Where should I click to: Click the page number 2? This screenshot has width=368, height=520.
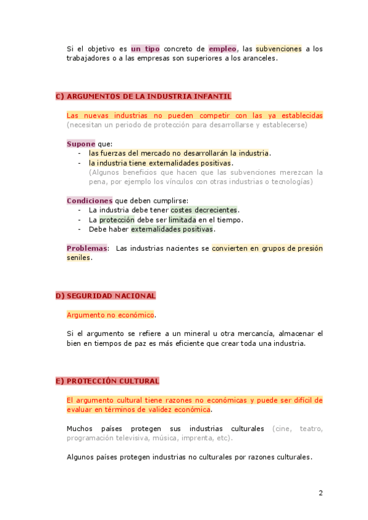[320, 492]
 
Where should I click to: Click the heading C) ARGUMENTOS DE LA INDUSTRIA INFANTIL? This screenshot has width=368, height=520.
[144, 96]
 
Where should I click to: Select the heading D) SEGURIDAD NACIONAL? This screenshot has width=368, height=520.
[105, 296]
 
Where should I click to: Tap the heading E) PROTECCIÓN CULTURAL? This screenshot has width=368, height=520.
[107, 381]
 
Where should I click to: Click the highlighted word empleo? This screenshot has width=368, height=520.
[222, 48]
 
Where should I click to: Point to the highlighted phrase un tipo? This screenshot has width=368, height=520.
[145, 48]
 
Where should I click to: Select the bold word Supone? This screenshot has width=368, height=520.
[81, 143]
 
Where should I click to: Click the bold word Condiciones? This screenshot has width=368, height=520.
[90, 201]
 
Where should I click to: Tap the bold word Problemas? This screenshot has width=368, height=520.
[87, 248]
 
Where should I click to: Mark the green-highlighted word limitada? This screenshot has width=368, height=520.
[182, 220]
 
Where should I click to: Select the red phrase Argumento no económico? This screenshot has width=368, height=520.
[110, 315]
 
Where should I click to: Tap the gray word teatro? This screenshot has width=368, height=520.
[311, 429]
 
